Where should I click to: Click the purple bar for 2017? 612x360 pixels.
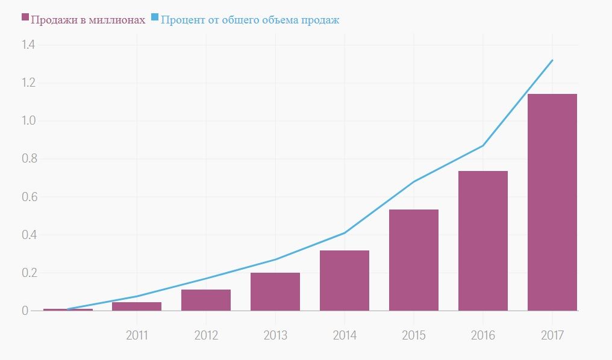tap(552, 202)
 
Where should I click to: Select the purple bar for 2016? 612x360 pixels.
tap(483, 241)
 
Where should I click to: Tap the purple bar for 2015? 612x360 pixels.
tap(414, 260)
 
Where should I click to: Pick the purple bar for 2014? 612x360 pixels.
tap(345, 281)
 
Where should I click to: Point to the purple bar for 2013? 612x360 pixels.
tap(275, 292)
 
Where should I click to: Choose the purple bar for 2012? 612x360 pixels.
tap(206, 300)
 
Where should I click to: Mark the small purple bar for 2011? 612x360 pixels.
tap(137, 306)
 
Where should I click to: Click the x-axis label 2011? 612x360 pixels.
tap(137, 335)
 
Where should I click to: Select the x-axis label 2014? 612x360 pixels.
tap(345, 335)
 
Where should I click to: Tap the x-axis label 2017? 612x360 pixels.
tap(552, 335)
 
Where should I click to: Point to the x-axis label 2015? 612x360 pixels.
tap(414, 335)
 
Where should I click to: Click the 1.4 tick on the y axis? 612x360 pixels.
tap(28, 45)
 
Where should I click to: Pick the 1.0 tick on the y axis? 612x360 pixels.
tap(28, 121)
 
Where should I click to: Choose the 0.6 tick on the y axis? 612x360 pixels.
tap(28, 197)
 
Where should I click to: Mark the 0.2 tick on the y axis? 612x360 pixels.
tap(28, 273)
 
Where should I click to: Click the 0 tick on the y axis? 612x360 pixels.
tap(25, 311)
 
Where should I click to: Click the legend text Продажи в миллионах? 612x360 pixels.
tap(88, 20)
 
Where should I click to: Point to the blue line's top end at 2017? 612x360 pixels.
tap(552, 60)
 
